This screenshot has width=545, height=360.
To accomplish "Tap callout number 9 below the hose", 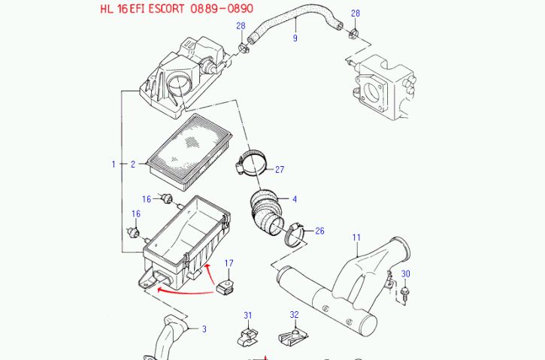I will [295, 38].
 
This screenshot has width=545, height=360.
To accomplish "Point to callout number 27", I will [279, 170].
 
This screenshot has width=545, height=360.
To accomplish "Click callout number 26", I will [319, 231].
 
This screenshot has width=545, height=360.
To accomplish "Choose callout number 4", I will [295, 199].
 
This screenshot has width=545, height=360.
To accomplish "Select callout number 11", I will [356, 237].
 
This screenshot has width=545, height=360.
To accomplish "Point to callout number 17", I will [229, 262].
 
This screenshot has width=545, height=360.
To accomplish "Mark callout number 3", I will [204, 328].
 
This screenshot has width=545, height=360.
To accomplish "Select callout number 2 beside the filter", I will [132, 163].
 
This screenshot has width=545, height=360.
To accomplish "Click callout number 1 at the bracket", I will [114, 163].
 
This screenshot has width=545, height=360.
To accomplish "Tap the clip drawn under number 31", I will [247, 337].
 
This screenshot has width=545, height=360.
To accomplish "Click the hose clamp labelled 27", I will [249, 162].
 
